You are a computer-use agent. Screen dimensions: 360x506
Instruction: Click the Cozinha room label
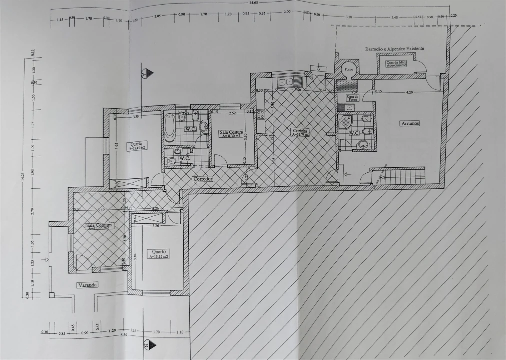pyautogui.click(x=301, y=132)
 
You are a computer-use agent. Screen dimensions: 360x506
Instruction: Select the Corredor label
pyautogui.click(x=203, y=178)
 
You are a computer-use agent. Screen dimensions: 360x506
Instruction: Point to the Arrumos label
pyautogui.click(x=409, y=123)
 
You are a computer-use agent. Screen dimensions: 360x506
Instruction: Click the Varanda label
pyautogui.click(x=86, y=285)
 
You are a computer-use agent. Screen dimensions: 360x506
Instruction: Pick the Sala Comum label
pyautogui.click(x=100, y=226)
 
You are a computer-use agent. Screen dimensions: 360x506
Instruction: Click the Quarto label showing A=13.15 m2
pyautogui.click(x=158, y=254)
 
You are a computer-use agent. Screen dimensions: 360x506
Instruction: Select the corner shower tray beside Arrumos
pyautogui.click(x=346, y=123)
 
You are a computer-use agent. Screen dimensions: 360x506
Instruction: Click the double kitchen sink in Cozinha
pyautogui.click(x=286, y=82)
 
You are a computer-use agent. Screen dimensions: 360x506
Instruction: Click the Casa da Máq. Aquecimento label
pyautogui.click(x=395, y=64)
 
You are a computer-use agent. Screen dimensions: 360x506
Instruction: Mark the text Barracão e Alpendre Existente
pyautogui.click(x=394, y=49)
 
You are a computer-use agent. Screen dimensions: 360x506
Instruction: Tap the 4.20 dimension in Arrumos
pyautogui.click(x=409, y=92)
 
